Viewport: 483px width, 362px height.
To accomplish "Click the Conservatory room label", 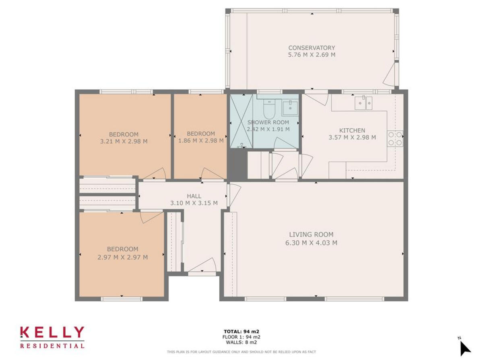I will [x=312, y=48].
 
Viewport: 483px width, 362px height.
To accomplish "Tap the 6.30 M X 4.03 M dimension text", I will [x=311, y=243].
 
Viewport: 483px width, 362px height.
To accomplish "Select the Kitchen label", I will [x=352, y=130].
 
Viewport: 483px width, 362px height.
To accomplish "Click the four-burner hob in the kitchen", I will [x=395, y=138].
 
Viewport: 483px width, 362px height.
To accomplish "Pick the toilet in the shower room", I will [x=269, y=108].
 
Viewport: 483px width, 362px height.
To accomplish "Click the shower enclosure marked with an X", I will [x=241, y=121].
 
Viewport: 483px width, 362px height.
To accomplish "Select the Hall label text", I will [x=194, y=196].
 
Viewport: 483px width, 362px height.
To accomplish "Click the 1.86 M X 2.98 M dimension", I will [x=201, y=141].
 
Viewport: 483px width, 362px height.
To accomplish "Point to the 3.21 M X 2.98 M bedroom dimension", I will [x=124, y=141].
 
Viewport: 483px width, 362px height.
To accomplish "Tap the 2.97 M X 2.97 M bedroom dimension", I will [x=122, y=257].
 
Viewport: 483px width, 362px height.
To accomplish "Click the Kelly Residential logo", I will [x=52, y=337].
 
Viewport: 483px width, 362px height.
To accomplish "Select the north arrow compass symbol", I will [x=464, y=348].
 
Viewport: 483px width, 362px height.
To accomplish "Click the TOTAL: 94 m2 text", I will [x=242, y=331].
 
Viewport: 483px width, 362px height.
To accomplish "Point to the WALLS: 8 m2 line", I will [x=242, y=342].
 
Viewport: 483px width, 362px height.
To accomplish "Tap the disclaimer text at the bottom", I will [x=242, y=352].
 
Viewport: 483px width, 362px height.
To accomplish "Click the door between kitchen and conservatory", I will [x=317, y=97].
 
